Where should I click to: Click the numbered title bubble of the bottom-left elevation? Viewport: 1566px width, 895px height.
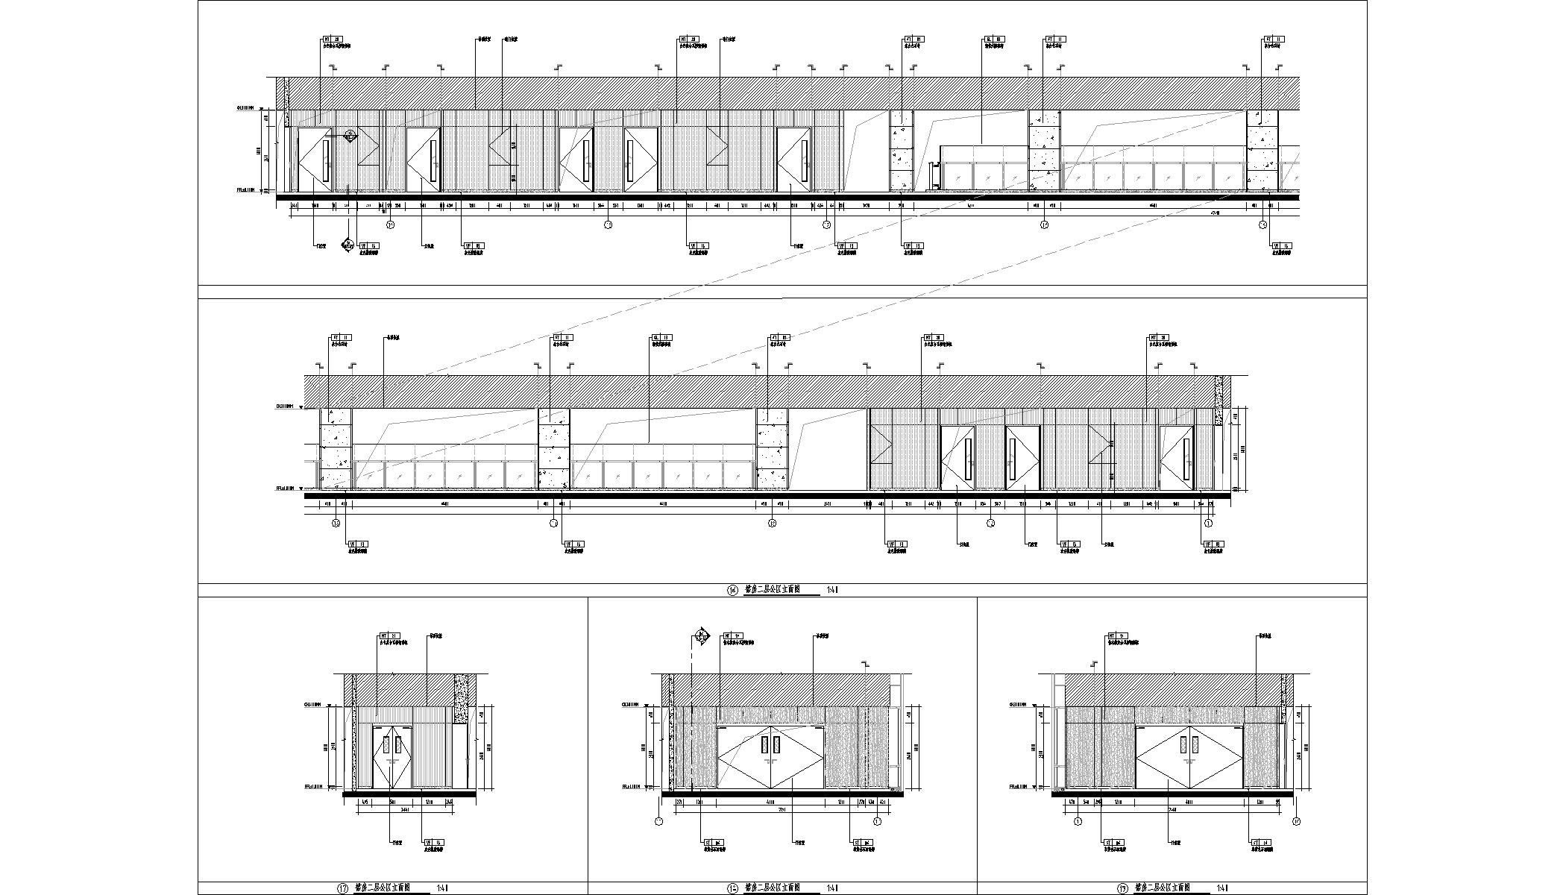point(344,888)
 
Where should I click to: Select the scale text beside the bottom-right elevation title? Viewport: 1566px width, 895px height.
point(1223,888)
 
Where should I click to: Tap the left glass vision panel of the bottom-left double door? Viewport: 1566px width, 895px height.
point(386,744)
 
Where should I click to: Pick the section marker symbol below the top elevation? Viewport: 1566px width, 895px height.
point(348,245)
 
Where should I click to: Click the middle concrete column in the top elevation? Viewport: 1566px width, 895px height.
point(1045,150)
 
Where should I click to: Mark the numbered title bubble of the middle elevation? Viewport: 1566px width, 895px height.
point(732,590)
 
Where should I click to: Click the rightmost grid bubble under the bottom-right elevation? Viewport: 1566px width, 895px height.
point(1296,822)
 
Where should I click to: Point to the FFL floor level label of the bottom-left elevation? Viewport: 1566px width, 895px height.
point(312,787)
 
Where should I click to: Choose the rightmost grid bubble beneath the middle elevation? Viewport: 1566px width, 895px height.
point(1209,524)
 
